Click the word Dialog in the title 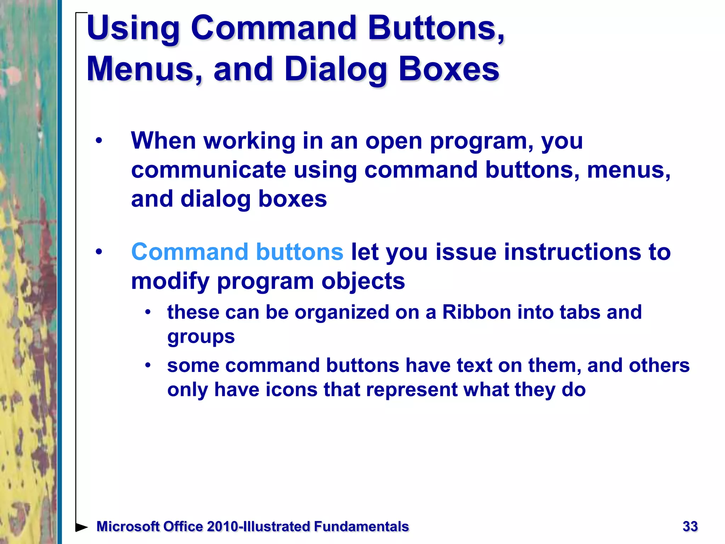pyautogui.click(x=336, y=70)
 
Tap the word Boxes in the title pyautogui.click(x=449, y=69)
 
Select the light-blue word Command pyautogui.click(x=190, y=252)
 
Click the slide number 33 pyautogui.click(x=690, y=526)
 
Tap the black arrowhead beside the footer pyautogui.click(x=82, y=527)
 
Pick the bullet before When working pyautogui.click(x=99, y=141)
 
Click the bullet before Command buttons pyautogui.click(x=99, y=252)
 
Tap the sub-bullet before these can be pyautogui.click(x=148, y=312)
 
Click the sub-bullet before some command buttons pyautogui.click(x=148, y=365)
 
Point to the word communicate pyautogui.click(x=209, y=170)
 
